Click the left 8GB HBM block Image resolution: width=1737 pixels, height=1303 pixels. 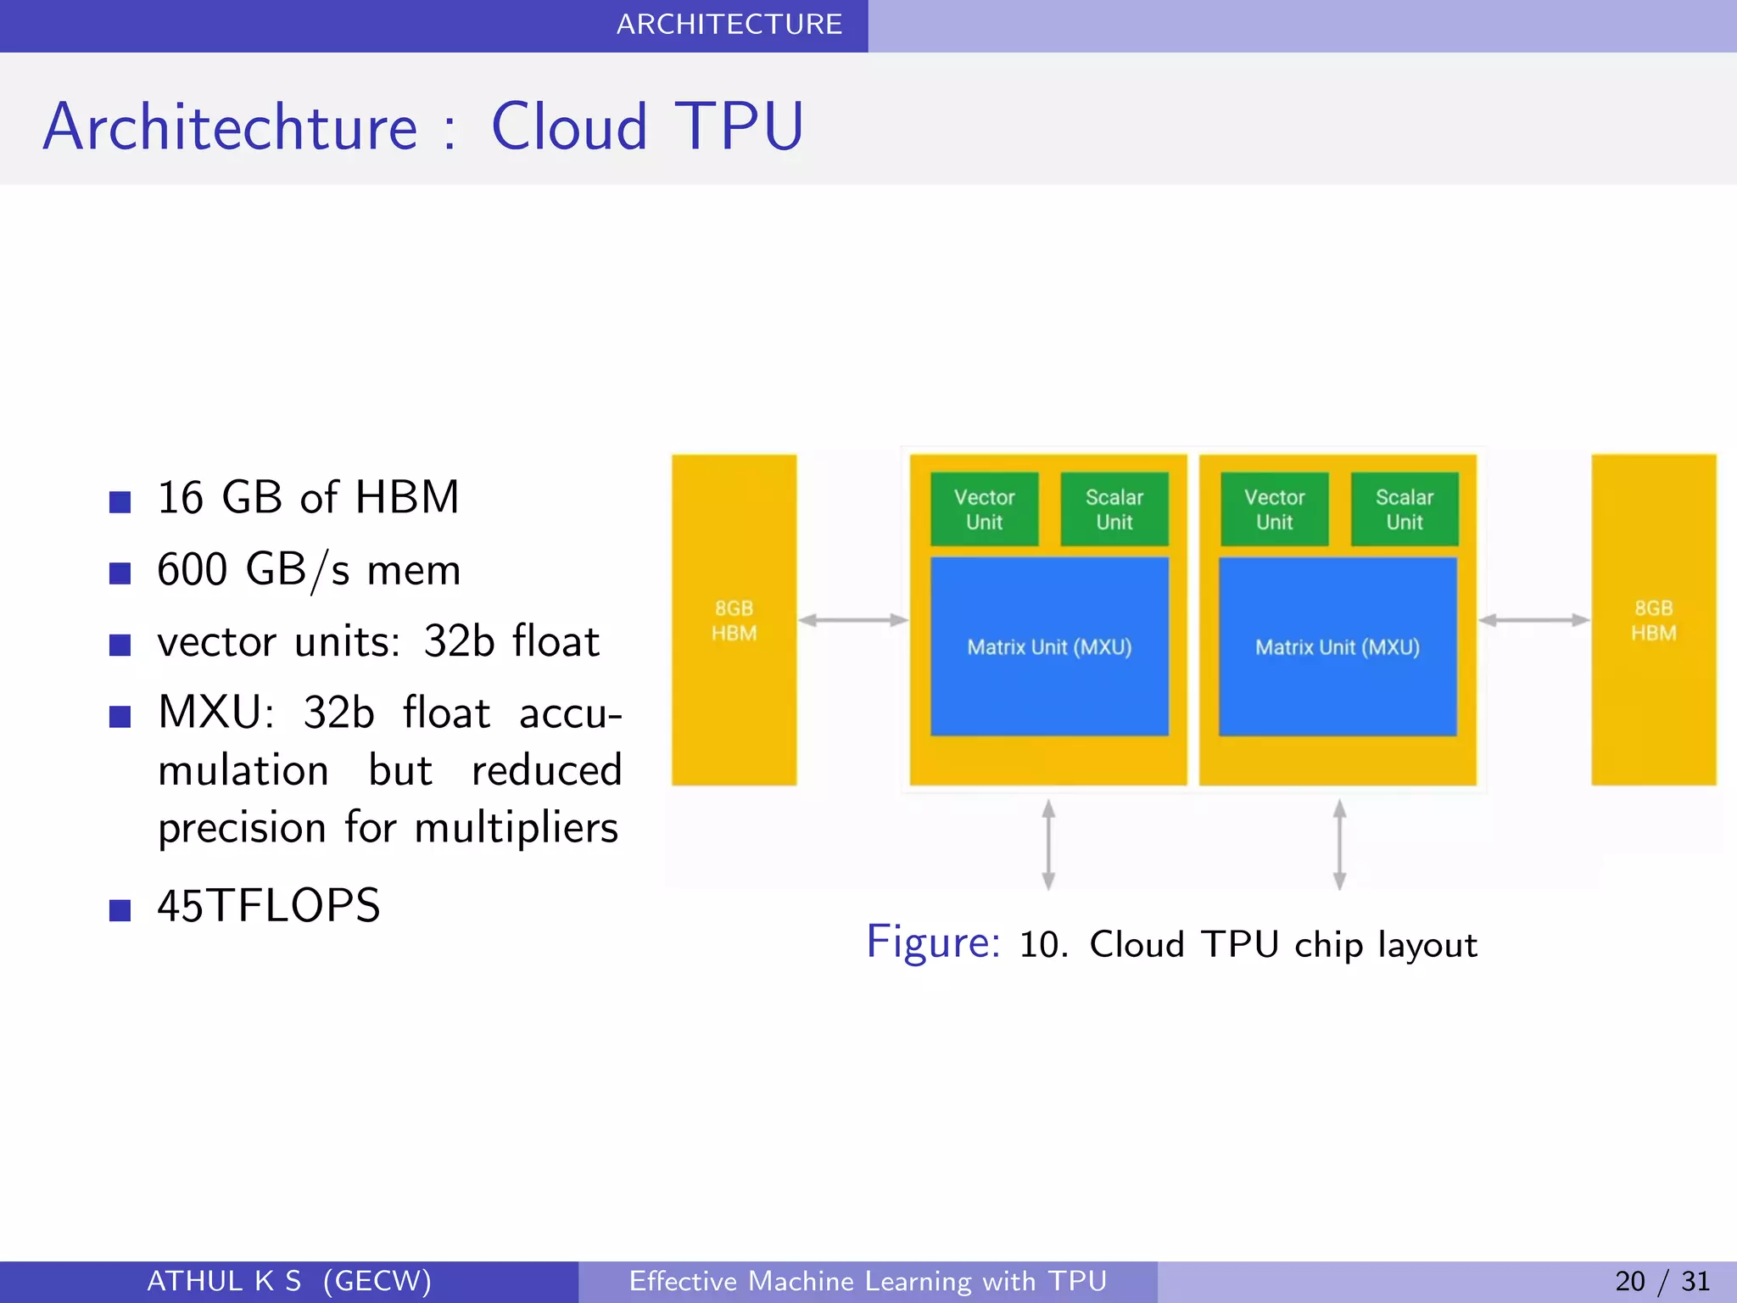[734, 620]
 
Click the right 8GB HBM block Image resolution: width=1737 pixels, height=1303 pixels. [1653, 620]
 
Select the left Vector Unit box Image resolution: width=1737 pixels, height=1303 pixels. [984, 509]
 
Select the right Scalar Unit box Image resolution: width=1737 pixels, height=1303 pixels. [1404, 509]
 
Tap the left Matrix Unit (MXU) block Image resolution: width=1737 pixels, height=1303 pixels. [1049, 646]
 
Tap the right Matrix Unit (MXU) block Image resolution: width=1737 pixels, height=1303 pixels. [1338, 646]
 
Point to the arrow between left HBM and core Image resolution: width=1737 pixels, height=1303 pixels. [852, 620]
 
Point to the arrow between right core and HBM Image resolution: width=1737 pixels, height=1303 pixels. [1533, 620]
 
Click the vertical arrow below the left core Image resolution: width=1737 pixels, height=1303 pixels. [1048, 844]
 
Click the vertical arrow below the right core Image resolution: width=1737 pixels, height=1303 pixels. [1339, 844]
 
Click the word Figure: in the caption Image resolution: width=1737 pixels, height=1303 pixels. [933, 942]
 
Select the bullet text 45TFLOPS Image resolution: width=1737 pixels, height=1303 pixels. [269, 905]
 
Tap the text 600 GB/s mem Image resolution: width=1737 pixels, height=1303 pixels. [309, 569]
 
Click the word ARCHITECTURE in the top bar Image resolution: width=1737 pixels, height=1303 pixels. [729, 25]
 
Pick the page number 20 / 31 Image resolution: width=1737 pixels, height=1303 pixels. [1662, 1281]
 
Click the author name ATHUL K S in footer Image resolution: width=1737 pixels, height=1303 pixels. [224, 1281]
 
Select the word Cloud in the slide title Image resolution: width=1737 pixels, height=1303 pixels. [569, 127]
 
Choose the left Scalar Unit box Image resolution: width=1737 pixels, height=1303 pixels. [1114, 509]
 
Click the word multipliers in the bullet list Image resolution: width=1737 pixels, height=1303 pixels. [517, 828]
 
